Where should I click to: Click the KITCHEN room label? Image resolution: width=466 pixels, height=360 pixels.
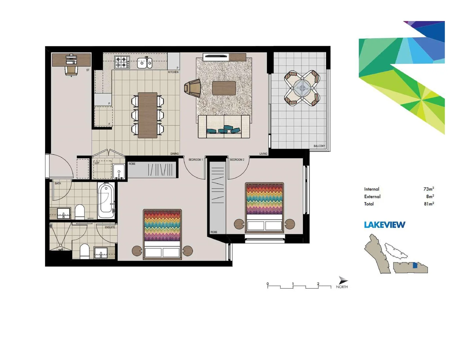click(173, 72)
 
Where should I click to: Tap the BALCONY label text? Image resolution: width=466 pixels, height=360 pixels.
click(319, 146)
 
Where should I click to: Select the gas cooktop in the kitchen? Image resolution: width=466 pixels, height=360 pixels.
click(122, 62)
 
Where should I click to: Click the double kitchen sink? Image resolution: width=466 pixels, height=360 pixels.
click(145, 63)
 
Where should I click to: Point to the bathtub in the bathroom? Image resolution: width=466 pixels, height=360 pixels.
click(106, 200)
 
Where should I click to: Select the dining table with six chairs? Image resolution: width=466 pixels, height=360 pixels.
click(148, 115)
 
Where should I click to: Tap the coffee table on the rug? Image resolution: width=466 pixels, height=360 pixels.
click(224, 88)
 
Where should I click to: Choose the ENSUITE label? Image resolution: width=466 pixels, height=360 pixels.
click(110, 227)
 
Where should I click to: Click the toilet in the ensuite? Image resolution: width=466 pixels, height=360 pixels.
click(85, 251)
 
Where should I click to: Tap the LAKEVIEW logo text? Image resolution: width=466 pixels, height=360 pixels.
click(385, 225)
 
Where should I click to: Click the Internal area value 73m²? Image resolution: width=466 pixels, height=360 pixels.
click(428, 189)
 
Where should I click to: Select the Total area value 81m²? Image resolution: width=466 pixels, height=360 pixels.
click(429, 204)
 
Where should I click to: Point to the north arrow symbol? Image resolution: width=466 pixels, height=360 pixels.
click(343, 280)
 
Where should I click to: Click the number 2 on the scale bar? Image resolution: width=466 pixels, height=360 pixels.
click(318, 284)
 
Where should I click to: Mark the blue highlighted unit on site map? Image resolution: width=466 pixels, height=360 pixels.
click(415, 266)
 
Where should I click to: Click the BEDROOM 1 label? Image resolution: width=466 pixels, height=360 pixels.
click(195, 160)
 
